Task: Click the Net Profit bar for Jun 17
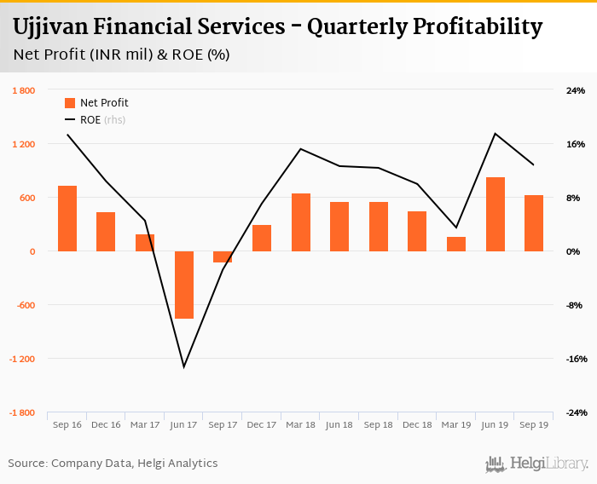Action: click(x=183, y=285)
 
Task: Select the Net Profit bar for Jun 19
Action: click(x=495, y=214)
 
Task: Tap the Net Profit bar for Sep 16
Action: click(x=67, y=218)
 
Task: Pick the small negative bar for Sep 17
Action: click(x=223, y=256)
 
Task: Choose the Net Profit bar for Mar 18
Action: click(x=300, y=222)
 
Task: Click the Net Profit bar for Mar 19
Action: click(x=456, y=244)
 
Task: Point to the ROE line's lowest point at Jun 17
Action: click(x=183, y=367)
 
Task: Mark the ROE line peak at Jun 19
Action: click(x=495, y=133)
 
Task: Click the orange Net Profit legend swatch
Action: click(x=70, y=103)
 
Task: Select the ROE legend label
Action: click(x=90, y=120)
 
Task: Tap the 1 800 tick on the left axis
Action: click(x=23, y=90)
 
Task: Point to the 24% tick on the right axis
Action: click(x=576, y=90)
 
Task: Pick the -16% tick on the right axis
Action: click(x=576, y=359)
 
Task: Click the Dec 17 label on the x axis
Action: click(x=261, y=424)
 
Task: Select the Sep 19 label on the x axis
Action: click(x=534, y=424)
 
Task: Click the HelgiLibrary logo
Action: click(x=537, y=464)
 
